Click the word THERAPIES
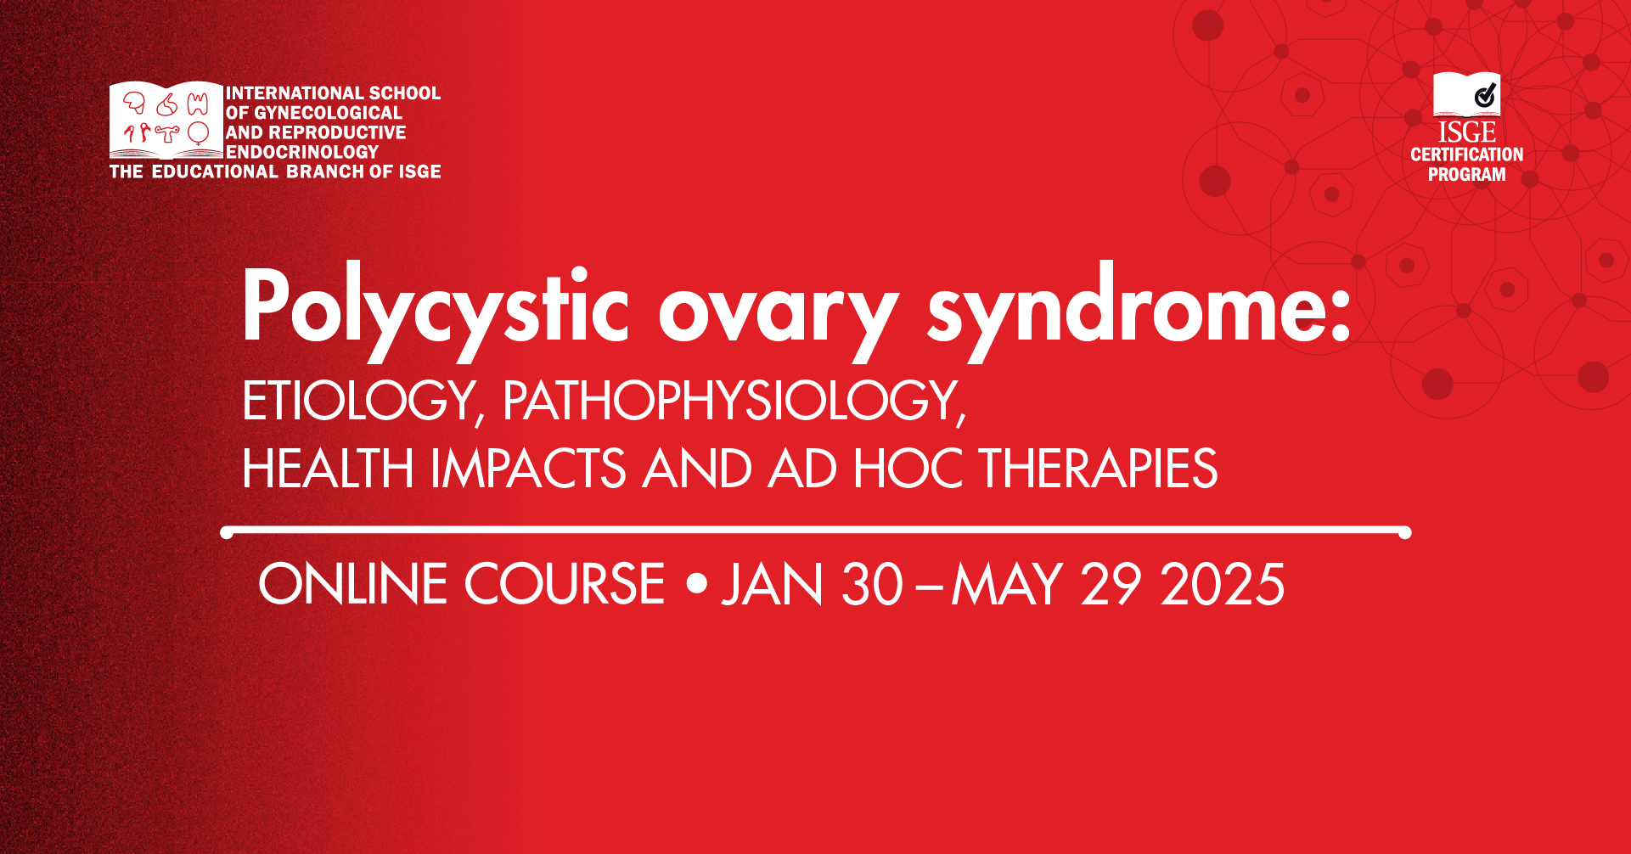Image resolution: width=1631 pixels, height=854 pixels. point(1099,469)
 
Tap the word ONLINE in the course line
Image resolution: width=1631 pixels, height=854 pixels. point(353,584)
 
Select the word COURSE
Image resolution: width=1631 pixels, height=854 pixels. point(565,584)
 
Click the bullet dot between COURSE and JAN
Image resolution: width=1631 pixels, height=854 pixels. point(696,584)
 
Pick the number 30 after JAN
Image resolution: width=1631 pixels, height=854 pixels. point(872,584)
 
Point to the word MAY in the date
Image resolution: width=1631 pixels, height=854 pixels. point(1007,584)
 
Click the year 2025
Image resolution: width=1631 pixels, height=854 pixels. point(1223,584)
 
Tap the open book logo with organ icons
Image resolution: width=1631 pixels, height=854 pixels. point(166,121)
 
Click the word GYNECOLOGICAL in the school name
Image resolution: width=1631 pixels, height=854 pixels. point(329,113)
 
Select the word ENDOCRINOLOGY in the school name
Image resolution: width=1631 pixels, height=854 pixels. point(302,152)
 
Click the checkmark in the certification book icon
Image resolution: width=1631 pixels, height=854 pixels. point(1485,94)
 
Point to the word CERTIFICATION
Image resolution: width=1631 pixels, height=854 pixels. point(1467,155)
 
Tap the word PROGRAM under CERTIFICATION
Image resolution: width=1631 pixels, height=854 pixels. point(1467,174)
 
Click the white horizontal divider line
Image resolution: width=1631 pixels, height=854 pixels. point(816,532)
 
